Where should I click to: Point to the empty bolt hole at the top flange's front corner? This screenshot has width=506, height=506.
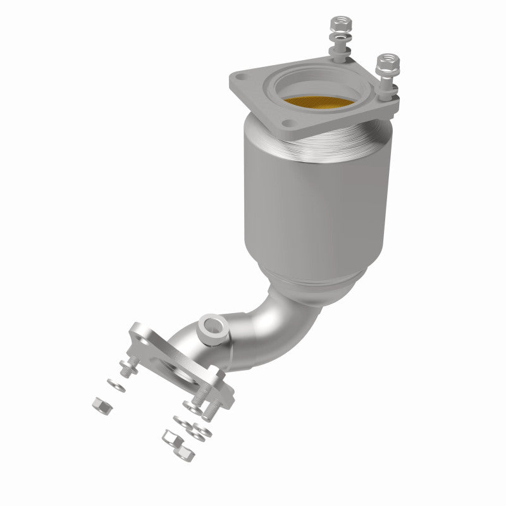tap(291, 135)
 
